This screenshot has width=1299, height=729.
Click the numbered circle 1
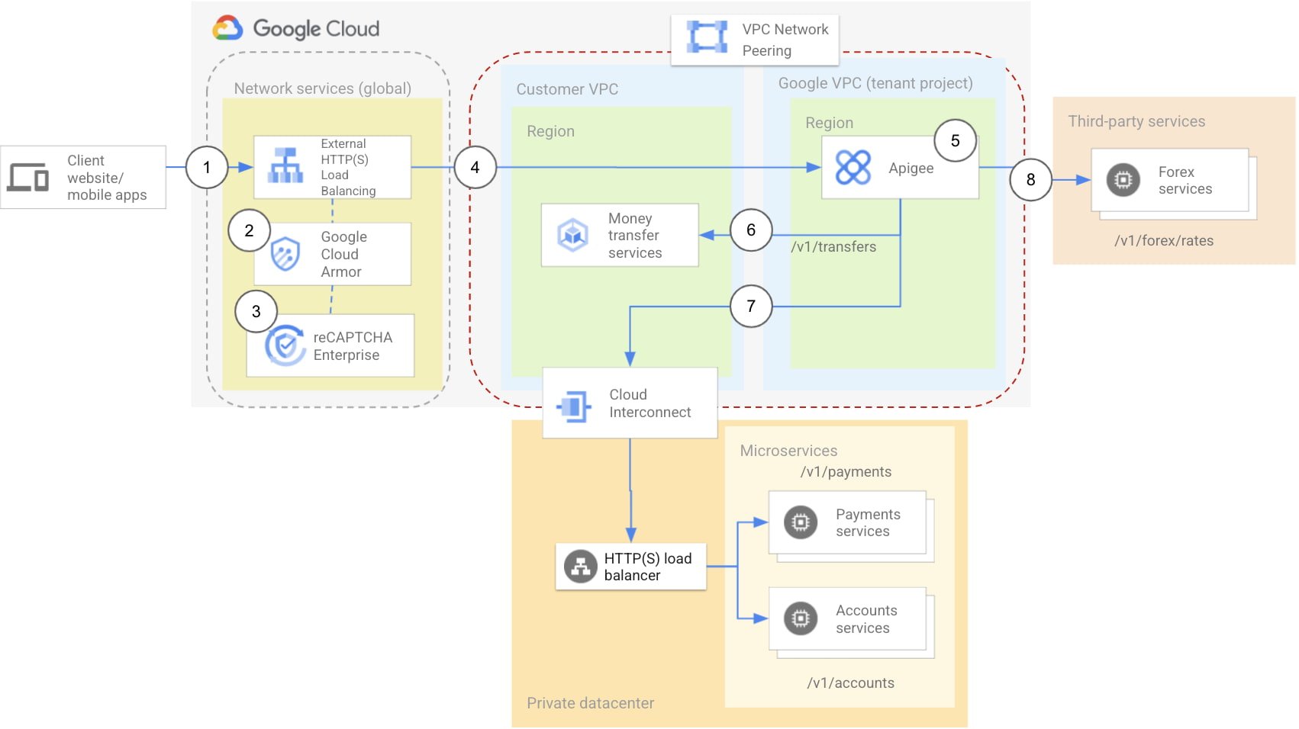[x=207, y=167]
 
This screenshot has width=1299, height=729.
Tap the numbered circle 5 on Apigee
[x=955, y=140]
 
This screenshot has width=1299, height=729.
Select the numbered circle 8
[x=1030, y=179]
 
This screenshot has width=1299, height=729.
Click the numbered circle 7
[x=750, y=306]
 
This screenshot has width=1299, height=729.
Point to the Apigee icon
[x=853, y=168]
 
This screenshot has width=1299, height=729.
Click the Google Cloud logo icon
[x=227, y=28]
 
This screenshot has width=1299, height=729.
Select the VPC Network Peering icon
[x=707, y=37]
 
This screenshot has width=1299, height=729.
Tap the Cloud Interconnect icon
[x=574, y=406]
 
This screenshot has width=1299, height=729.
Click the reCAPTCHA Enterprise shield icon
[x=285, y=345]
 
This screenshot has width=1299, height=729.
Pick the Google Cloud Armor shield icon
[x=285, y=254]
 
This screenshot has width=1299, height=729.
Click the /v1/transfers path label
[x=833, y=247]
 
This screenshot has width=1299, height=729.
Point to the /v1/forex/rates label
[x=1163, y=241]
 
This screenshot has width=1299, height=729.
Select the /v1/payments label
[x=846, y=472]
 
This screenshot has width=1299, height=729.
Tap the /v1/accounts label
[x=850, y=683]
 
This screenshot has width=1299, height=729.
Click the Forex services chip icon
[x=1123, y=180]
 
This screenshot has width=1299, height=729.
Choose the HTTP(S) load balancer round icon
[x=580, y=567]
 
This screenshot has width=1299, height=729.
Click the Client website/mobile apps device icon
[x=28, y=177]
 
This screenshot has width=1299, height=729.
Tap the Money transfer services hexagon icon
[x=572, y=235]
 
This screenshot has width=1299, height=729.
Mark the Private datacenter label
[x=590, y=703]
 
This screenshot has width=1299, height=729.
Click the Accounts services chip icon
[x=800, y=618]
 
